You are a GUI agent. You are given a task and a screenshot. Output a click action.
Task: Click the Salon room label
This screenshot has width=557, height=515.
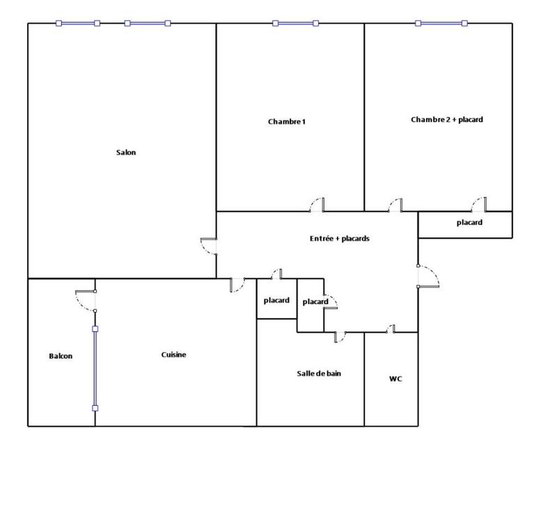pos(126,153)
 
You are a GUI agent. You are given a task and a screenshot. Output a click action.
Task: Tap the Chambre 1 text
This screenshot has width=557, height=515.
pos(287,122)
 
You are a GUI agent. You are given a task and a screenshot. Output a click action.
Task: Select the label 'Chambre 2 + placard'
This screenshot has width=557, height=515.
pos(447,120)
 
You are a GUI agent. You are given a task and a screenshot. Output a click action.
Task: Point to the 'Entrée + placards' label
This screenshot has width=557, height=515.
pos(339,239)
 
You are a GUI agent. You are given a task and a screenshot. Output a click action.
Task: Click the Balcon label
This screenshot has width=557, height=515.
pos(61,356)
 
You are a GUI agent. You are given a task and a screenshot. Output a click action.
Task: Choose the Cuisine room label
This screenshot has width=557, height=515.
pos(173,355)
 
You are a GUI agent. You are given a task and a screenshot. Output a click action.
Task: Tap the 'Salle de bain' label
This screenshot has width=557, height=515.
pos(319,374)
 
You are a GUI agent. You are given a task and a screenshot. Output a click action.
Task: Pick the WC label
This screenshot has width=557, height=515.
pos(395,379)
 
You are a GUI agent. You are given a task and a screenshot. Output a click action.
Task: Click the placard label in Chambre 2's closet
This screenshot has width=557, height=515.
pos(469,223)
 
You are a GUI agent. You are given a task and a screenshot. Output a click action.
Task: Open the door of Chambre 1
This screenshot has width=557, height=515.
pos(317,204)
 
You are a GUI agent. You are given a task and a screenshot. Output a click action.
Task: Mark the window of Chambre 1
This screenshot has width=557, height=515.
pos(296,24)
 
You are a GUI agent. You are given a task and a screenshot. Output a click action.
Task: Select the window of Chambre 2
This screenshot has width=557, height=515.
pos(441,24)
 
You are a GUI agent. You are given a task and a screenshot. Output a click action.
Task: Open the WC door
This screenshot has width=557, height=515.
pos(391,329)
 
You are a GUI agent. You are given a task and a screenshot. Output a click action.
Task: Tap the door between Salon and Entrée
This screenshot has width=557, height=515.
pos(210,247)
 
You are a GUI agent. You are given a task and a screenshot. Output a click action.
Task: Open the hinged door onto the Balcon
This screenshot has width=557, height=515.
pos(86,300)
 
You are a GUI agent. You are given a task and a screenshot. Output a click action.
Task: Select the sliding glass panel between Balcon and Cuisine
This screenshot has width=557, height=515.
pos(95,367)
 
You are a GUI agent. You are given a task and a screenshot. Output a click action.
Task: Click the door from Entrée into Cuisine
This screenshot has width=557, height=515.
pos(237,284)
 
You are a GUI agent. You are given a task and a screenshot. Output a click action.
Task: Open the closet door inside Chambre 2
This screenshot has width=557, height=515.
pos(478,204)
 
